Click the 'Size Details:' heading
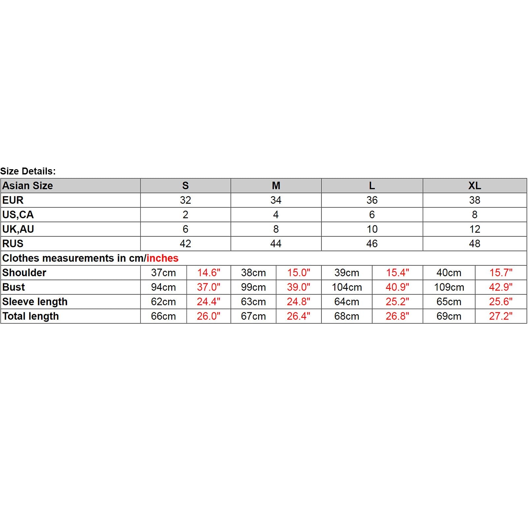[x=28, y=171]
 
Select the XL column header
[x=475, y=186]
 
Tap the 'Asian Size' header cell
[x=28, y=186]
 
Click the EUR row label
[x=13, y=200]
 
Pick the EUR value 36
[x=372, y=200]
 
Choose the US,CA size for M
[x=276, y=215]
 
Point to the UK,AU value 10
[x=372, y=229]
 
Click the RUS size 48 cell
[x=475, y=244]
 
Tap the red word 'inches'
[x=162, y=258]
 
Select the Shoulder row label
[x=24, y=273]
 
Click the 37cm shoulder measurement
[x=163, y=273]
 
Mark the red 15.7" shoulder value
[x=501, y=273]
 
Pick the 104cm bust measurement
[x=347, y=287]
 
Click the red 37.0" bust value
[x=208, y=287]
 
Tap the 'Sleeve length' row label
[x=35, y=302]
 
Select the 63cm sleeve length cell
[x=253, y=302]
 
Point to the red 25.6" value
[x=501, y=302]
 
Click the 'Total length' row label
[x=31, y=316]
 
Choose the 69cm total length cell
[x=449, y=316]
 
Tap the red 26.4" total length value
[x=298, y=316]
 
